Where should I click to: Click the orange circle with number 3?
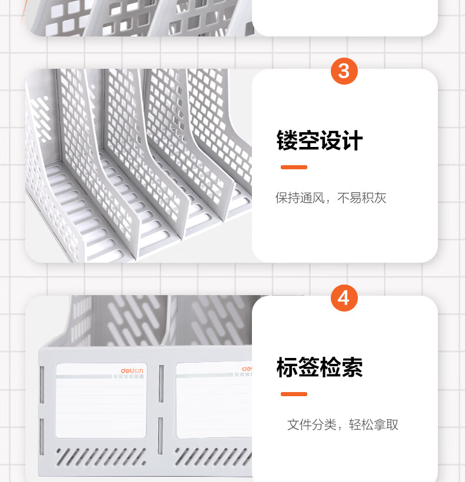344,71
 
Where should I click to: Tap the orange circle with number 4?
344,298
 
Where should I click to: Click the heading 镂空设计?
320,140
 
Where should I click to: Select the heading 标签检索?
320,367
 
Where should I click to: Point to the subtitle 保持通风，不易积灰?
331,198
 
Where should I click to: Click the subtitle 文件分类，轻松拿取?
343,424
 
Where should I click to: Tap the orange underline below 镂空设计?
294,167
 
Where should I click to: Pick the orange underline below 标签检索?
294,394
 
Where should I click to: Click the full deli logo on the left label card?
132,371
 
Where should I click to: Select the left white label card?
101,400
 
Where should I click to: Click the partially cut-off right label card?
214,400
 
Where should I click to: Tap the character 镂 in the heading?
287,140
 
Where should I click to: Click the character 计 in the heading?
353,140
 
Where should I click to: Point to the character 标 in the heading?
287,367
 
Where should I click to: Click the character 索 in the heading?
353,367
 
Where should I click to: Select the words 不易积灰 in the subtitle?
361,198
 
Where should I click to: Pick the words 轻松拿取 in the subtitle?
374,424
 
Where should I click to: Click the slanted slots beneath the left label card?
101,457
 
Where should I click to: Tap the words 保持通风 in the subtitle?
300,198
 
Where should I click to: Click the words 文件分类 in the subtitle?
312,424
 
